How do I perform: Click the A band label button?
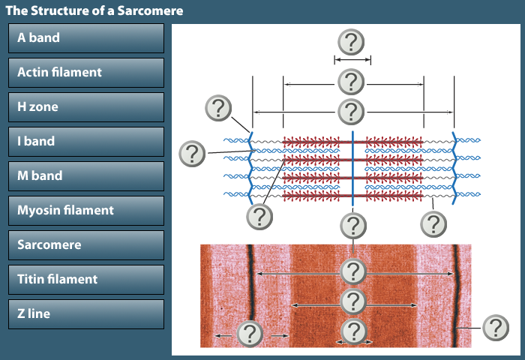click(x=85, y=37)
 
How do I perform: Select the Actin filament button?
click(x=85, y=72)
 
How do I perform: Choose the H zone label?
click(x=85, y=106)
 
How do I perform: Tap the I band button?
click(x=85, y=141)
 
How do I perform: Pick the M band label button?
click(x=85, y=175)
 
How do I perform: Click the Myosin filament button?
click(x=85, y=210)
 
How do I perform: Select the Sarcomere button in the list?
click(x=85, y=244)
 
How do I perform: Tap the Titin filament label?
click(x=85, y=279)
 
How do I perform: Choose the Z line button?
click(x=85, y=313)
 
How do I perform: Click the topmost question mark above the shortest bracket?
click(x=352, y=42)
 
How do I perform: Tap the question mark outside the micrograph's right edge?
click(x=495, y=328)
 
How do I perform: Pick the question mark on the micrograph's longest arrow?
click(x=352, y=271)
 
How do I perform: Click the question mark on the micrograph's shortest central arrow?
click(x=352, y=331)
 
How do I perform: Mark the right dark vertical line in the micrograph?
click(x=455, y=292)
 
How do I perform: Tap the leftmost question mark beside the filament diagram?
click(x=193, y=154)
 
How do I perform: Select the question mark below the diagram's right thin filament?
click(x=433, y=223)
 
